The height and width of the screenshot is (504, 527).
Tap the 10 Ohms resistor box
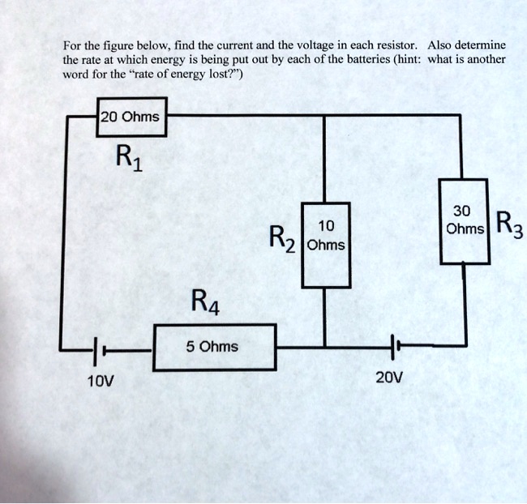click(326, 244)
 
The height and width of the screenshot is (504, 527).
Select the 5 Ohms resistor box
click(214, 347)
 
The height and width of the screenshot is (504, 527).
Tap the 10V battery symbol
click(96, 351)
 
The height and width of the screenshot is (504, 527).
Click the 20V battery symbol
click(393, 347)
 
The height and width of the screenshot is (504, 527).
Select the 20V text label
click(389, 378)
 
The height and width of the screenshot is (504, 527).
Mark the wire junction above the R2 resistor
click(326, 116)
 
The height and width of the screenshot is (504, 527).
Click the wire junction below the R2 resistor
click(326, 347)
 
